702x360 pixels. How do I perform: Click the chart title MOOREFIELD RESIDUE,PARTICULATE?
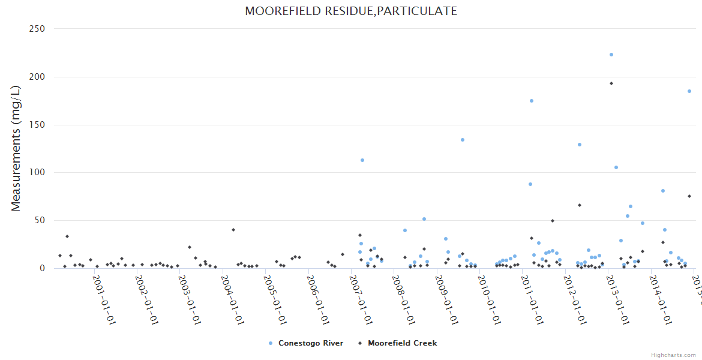coord(351,11)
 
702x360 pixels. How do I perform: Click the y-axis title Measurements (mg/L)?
coord(16,148)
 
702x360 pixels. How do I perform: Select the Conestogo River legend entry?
coord(310,343)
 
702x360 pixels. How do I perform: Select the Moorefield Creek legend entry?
coord(402,343)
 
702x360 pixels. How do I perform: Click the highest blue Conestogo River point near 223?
coord(611,55)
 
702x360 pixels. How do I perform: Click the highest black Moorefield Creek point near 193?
coord(611,83)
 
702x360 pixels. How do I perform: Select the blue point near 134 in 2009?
coord(463,140)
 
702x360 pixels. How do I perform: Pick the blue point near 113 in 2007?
coord(362,160)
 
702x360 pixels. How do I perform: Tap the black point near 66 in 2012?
coord(580,205)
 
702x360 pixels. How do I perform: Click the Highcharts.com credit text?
coord(673,355)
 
